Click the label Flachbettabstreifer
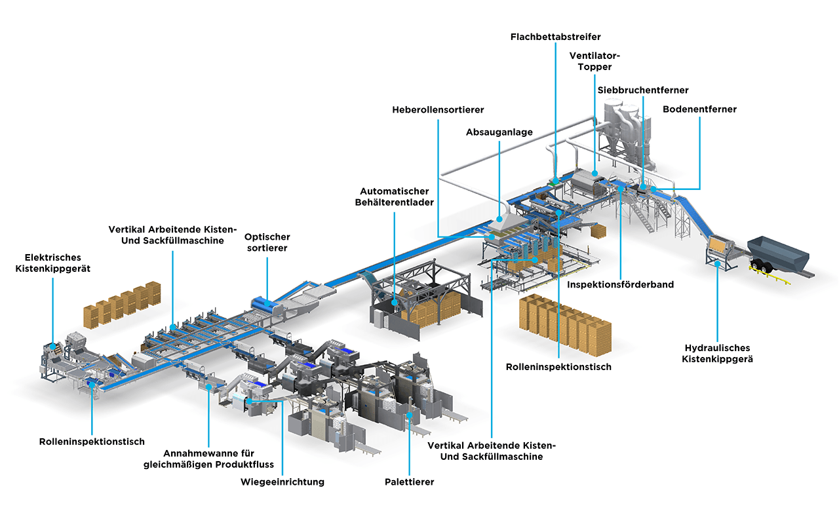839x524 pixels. [555, 37]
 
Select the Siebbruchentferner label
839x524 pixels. [642, 90]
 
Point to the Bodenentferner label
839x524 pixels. [699, 109]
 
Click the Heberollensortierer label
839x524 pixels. [438, 109]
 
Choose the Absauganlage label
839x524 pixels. [499, 132]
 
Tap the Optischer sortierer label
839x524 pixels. [267, 242]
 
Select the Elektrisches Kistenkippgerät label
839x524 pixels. [53, 263]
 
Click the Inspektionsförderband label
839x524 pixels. [621, 285]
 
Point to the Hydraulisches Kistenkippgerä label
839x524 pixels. [717, 353]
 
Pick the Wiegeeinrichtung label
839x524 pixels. [283, 482]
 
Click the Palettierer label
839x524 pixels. [409, 482]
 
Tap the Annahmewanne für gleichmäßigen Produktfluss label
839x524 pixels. [208, 458]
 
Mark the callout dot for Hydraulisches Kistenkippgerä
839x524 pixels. [718, 265]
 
